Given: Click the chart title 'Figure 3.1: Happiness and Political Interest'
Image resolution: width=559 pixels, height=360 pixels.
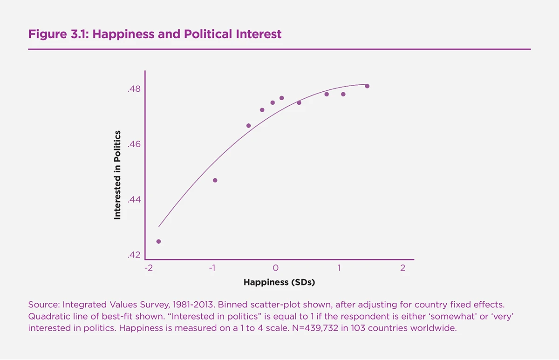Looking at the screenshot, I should pos(155,34).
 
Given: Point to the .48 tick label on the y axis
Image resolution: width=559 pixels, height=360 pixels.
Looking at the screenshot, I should pos(134,89).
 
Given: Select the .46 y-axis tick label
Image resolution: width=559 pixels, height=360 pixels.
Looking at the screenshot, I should pos(134,144).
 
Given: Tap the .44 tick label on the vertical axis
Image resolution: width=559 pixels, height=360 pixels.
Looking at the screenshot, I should pos(134,200).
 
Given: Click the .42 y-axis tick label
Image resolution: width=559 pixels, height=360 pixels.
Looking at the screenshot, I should pos(134,255).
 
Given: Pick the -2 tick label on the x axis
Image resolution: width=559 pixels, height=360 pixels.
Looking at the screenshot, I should pos(148,268).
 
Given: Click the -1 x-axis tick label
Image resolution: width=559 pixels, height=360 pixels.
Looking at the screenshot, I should pos(212,268).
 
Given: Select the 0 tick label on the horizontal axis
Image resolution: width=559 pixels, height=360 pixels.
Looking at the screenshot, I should pos(276,268).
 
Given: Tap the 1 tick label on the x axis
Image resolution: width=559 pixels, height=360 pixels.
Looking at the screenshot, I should pos(339,268).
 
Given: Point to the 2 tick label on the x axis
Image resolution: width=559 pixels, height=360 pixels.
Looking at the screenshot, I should pos(402,268).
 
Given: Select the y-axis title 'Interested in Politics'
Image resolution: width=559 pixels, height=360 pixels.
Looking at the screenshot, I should pos(117,175).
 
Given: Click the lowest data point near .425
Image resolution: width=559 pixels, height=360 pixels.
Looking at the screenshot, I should pos(158,241).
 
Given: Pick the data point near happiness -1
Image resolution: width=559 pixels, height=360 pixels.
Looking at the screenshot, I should pos(215,180).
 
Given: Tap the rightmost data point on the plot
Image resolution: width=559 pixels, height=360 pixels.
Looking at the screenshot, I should pos(367,86).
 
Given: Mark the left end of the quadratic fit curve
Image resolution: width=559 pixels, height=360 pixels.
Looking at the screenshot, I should pos(159,227).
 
